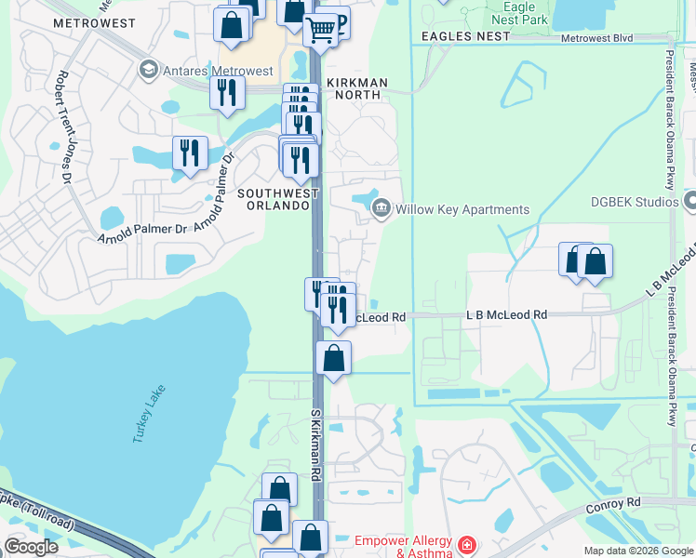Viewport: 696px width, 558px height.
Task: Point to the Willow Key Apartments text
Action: (x=462, y=209)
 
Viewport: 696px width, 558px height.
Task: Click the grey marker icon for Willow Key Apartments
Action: (x=381, y=209)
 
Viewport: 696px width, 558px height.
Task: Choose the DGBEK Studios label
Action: (x=636, y=201)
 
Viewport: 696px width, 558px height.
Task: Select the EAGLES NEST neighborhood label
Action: (x=465, y=35)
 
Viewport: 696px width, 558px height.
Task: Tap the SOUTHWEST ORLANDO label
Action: (x=278, y=199)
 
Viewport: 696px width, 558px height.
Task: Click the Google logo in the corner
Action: (x=31, y=547)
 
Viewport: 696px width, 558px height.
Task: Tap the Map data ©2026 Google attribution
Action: (x=638, y=551)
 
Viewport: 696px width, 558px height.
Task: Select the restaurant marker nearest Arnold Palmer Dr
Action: (x=190, y=153)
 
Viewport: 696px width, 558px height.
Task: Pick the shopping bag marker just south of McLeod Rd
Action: (x=333, y=358)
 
